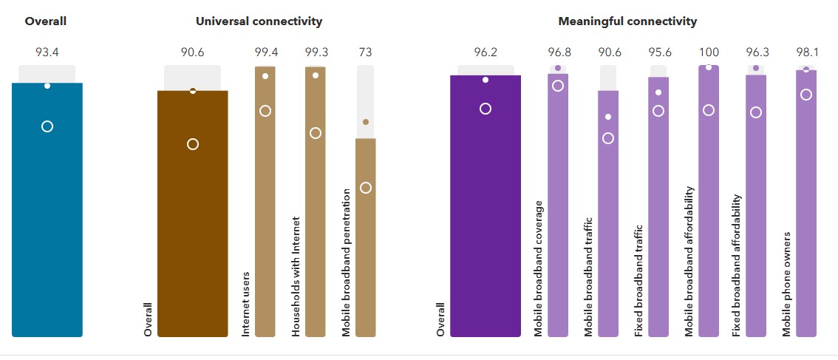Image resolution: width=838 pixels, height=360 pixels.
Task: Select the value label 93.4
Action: [46, 52]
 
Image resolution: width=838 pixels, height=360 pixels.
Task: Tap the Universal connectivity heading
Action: [259, 21]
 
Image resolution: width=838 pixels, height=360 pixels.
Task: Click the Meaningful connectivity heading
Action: [627, 21]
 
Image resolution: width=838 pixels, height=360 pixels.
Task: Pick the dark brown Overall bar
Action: [193, 222]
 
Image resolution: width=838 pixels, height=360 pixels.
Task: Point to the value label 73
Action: [365, 52]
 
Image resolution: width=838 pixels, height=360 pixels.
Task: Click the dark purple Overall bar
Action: [486, 214]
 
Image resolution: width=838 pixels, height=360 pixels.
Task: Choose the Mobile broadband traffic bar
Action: [608, 222]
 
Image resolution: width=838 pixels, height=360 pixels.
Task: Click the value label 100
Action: [709, 52]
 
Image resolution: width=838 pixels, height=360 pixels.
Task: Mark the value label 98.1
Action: [806, 52]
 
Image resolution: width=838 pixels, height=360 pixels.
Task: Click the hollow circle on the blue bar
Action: [47, 126]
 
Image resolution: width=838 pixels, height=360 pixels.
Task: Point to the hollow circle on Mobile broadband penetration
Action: [366, 188]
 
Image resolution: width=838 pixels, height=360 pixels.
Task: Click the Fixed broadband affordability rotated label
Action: [737, 266]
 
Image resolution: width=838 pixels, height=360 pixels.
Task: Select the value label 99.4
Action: [265, 52]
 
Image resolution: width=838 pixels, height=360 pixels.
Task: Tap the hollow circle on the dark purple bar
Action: [486, 109]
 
